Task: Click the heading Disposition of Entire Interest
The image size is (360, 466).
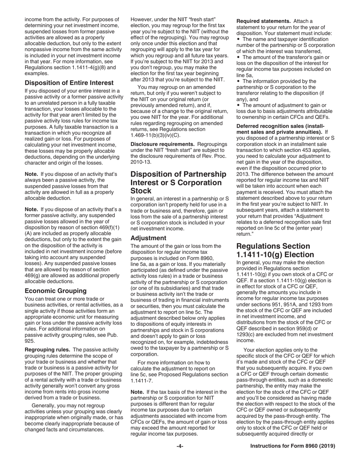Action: point(69,83)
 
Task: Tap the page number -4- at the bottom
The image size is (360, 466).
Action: point(180,446)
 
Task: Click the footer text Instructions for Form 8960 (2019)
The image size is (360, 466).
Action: point(293,446)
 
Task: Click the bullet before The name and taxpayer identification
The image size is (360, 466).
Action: point(238,39)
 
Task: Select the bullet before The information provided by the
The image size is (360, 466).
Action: point(238,81)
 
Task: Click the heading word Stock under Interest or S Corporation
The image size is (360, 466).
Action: point(141,191)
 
